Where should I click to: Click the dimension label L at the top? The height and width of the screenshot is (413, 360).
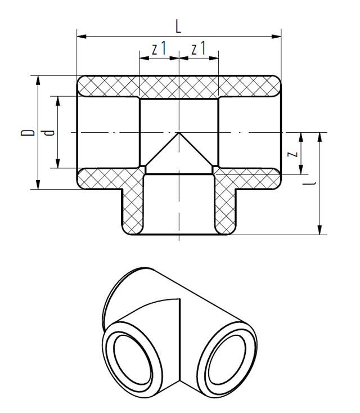coord(178,26)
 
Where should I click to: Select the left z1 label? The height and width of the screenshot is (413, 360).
coord(159,50)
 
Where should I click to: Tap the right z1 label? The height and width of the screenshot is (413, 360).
coord(198,50)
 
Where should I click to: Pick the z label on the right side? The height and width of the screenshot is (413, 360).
coord(291,153)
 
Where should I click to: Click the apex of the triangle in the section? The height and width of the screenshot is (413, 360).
coord(179,133)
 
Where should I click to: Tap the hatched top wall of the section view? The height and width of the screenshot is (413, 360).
coord(178,86)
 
